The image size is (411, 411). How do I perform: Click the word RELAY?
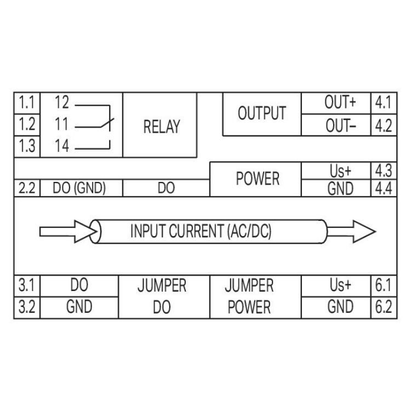[162, 127]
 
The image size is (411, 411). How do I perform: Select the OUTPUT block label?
[261, 113]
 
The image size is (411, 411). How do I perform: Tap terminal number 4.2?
[384, 125]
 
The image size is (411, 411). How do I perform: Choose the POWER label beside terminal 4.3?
[258, 179]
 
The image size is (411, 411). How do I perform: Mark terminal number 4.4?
[384, 189]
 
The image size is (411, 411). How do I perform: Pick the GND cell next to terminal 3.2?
[79, 307]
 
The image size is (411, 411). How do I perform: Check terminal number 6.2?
[384, 307]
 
